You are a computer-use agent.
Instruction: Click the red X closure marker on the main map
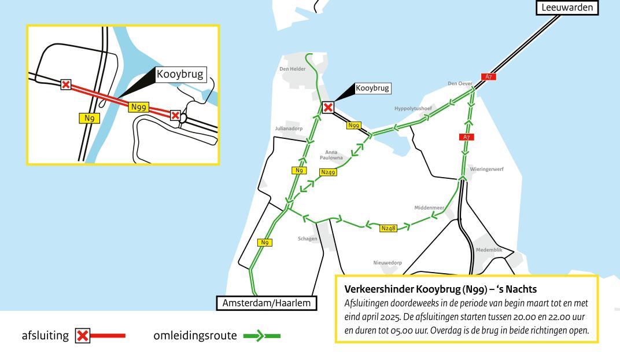328,107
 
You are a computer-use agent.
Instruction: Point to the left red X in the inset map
66,85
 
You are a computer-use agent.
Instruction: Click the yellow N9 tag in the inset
89,118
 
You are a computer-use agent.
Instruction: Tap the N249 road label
328,172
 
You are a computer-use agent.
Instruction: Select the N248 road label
389,229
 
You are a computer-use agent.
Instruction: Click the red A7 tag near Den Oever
488,76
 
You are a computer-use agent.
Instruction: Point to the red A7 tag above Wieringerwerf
466,137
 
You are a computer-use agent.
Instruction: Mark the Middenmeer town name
429,207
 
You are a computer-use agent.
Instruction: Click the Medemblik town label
489,250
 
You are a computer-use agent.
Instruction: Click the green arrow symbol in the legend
264,336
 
